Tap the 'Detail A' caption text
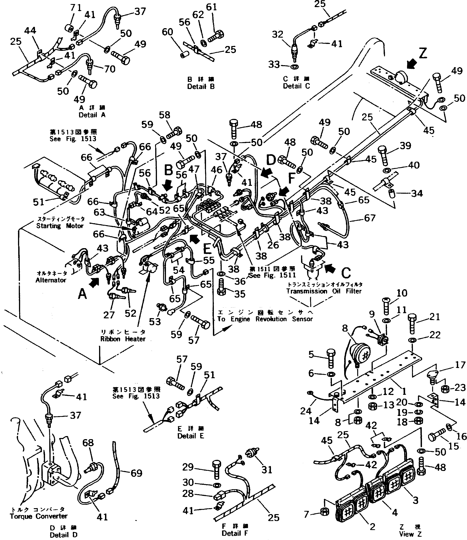click(92, 115)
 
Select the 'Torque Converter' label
click(39, 516)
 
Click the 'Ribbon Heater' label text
click(123, 339)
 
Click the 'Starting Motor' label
click(60, 226)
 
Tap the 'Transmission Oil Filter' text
click(324, 291)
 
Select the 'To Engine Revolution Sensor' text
click(265, 319)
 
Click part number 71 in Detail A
click(76, 8)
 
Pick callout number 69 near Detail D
click(136, 473)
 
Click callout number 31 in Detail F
click(267, 470)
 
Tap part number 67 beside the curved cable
click(369, 218)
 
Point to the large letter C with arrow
click(346, 273)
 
